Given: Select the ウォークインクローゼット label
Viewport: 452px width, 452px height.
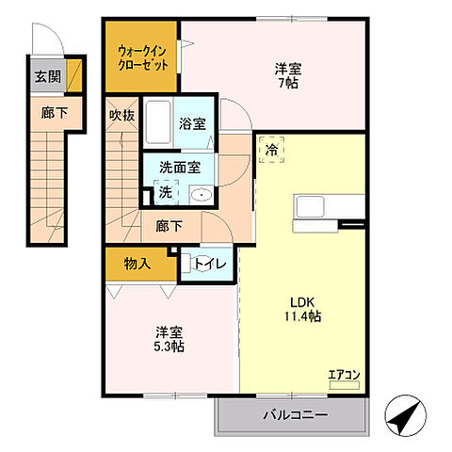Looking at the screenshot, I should [141, 58].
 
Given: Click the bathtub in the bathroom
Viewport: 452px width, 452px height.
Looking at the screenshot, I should [158, 122].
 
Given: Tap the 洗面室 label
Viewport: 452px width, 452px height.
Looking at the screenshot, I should [179, 167].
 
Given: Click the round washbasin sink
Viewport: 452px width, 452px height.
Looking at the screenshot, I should [201, 195].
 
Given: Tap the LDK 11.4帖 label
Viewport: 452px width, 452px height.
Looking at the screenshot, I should [304, 309].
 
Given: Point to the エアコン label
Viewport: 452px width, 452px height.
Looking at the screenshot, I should [343, 376].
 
